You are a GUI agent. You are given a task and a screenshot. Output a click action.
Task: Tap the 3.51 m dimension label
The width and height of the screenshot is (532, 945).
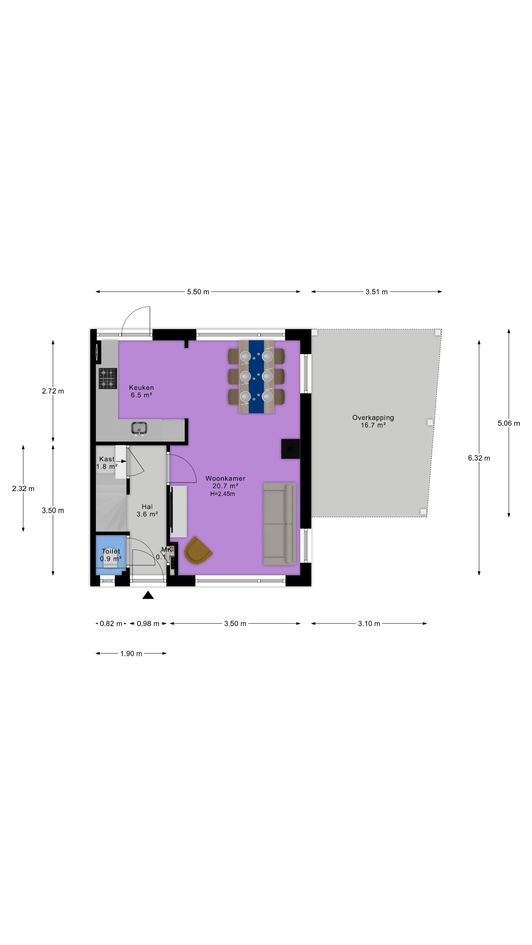click(376, 292)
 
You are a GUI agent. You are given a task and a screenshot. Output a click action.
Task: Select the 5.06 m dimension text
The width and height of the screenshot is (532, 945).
click(509, 423)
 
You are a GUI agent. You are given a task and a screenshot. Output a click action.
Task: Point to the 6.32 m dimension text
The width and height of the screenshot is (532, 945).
click(479, 458)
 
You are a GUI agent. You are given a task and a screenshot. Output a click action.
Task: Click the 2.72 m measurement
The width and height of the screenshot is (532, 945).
click(53, 391)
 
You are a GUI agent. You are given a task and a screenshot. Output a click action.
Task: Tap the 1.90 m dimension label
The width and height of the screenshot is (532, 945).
click(131, 654)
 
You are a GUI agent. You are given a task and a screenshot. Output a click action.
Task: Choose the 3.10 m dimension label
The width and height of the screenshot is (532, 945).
click(369, 624)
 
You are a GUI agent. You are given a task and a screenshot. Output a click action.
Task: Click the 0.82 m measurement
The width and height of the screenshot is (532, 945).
click(111, 624)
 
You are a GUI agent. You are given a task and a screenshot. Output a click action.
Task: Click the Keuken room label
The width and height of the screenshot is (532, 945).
click(141, 387)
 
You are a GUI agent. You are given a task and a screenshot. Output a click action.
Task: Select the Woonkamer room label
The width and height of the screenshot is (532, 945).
click(225, 478)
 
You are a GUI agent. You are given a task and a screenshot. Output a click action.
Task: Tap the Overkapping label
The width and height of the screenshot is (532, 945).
click(373, 417)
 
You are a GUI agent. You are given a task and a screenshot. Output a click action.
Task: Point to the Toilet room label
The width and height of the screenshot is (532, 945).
click(111, 551)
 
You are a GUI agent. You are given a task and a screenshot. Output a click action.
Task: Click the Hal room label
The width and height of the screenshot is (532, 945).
click(147, 507)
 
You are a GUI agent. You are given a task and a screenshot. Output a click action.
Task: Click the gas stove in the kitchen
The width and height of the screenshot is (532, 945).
click(108, 378)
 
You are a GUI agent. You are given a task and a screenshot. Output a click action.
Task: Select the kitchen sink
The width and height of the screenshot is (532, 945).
click(139, 428)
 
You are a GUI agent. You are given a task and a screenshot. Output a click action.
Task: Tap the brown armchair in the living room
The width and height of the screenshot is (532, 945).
click(198, 550)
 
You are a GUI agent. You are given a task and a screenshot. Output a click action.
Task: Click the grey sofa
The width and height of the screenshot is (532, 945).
click(279, 523)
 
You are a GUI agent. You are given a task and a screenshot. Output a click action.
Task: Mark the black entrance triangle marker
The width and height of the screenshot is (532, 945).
click(148, 595)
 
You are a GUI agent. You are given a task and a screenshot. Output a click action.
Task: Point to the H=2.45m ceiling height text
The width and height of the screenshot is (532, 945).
click(222, 494)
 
